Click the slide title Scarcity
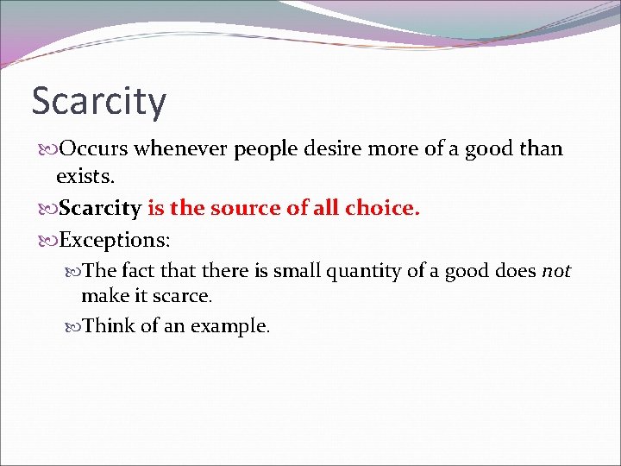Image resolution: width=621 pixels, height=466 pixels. point(98,102)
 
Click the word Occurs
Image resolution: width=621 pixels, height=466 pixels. point(96,148)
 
